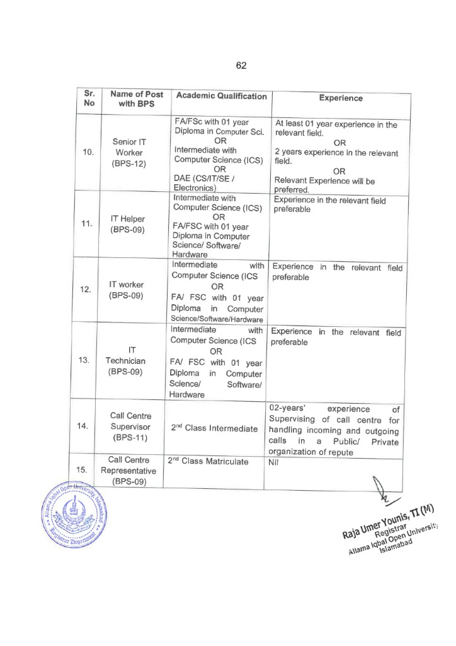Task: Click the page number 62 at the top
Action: click(241, 66)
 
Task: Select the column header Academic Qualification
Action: click(221, 96)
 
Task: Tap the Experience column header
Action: click(341, 98)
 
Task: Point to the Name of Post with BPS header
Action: click(136, 98)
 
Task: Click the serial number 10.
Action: click(88, 153)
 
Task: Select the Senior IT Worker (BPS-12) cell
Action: click(129, 153)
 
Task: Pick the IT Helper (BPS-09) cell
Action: click(128, 224)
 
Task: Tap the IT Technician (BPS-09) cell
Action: click(125, 361)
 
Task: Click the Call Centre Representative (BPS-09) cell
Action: click(128, 471)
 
